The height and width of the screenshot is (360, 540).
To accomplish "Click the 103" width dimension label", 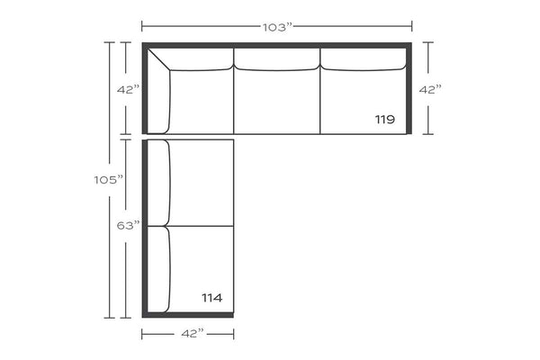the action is click(277, 27).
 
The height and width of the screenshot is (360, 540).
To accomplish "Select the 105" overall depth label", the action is click(109, 180).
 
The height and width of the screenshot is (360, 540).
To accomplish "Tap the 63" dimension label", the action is click(129, 226).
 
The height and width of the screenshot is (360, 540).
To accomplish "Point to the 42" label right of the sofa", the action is click(430, 90).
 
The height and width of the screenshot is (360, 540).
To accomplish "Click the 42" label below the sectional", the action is click(193, 334).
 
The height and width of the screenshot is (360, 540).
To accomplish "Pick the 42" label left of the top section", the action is click(128, 90).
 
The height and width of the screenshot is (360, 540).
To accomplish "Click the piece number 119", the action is click(384, 120).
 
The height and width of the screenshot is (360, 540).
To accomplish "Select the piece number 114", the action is click(211, 298).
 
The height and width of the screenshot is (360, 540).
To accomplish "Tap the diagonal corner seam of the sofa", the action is click(158, 59).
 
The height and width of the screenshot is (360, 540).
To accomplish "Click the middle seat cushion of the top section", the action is click(277, 102).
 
